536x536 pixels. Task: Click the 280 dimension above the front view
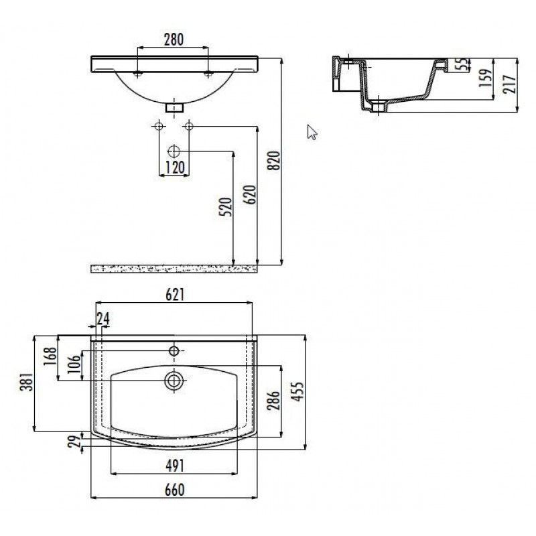[174, 40]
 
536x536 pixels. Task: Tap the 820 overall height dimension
[275, 160]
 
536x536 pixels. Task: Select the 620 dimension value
[250, 194]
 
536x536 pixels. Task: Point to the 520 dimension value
[226, 207]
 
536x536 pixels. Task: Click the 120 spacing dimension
[175, 167]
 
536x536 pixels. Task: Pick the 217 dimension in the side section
[509, 84]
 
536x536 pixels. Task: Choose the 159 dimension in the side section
[485, 78]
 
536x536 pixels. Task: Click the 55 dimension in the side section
[463, 64]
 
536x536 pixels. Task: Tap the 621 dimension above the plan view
[175, 295]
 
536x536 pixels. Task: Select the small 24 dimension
[103, 319]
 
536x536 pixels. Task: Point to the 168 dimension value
[50, 356]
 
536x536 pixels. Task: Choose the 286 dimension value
[274, 400]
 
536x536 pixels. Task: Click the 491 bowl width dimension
[175, 466]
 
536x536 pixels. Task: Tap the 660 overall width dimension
[175, 490]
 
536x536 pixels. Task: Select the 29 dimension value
[76, 441]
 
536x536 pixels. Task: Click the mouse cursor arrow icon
[312, 132]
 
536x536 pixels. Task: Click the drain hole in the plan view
[174, 381]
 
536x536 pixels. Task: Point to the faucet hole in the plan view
[174, 350]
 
